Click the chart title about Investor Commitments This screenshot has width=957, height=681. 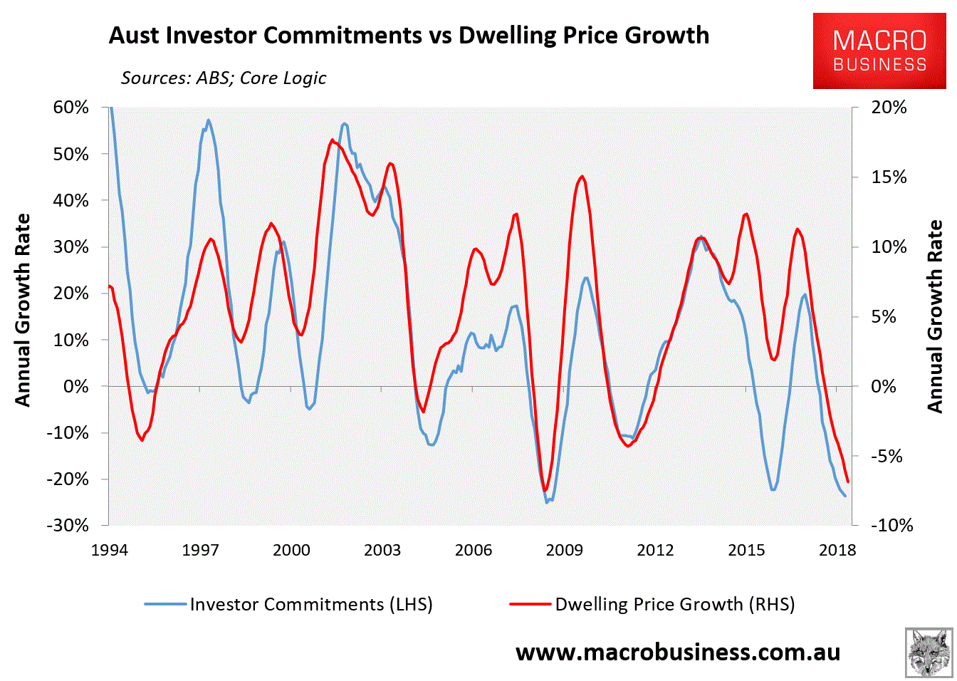click(x=409, y=35)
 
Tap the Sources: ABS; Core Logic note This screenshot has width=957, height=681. click(x=224, y=78)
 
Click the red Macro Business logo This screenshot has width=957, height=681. click(x=880, y=51)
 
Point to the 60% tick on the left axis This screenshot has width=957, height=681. click(x=71, y=108)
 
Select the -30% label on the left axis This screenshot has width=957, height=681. click(x=68, y=525)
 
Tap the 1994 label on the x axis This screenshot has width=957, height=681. click(x=110, y=550)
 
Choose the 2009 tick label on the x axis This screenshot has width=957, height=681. click(x=565, y=550)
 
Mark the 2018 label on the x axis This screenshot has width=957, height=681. click(x=837, y=550)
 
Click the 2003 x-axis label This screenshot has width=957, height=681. click(x=382, y=550)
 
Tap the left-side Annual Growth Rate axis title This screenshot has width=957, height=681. click(x=23, y=310)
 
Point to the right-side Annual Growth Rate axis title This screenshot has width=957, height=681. click(x=935, y=316)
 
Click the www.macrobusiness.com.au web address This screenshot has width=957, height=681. click(x=678, y=652)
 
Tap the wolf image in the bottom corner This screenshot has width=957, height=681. click(x=929, y=653)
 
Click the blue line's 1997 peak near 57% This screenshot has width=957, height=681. click(x=208, y=120)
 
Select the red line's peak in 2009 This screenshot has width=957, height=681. click(x=582, y=176)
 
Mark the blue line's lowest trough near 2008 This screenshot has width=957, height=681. click(x=547, y=502)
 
